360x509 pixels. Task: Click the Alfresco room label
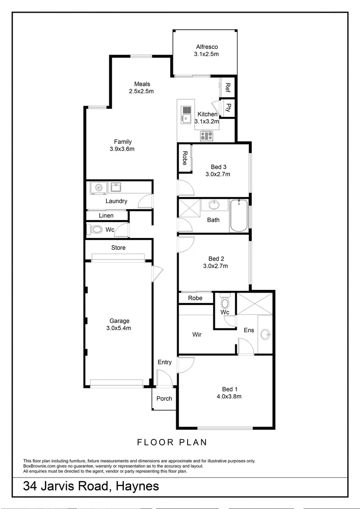pyautogui.click(x=207, y=47)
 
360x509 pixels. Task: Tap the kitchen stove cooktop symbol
pyautogui.click(x=207, y=136)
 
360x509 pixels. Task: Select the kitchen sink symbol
pyautogui.click(x=187, y=115)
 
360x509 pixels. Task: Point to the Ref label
pyautogui.click(x=228, y=87)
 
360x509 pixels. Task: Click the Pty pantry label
pyautogui.click(x=229, y=107)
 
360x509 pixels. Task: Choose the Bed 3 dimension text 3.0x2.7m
pyautogui.click(x=218, y=174)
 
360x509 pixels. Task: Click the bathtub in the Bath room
pyautogui.click(x=239, y=215)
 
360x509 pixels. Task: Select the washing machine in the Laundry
pyautogui.click(x=98, y=188)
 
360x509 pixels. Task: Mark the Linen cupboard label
pyautogui.click(x=106, y=216)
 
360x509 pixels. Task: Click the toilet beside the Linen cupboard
pyautogui.click(x=96, y=230)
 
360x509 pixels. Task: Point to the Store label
pyautogui.click(x=118, y=247)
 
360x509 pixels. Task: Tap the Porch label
pyautogui.click(x=164, y=398)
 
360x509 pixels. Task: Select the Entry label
pyautogui.click(x=164, y=362)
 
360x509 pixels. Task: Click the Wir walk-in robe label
pyautogui.click(x=197, y=335)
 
